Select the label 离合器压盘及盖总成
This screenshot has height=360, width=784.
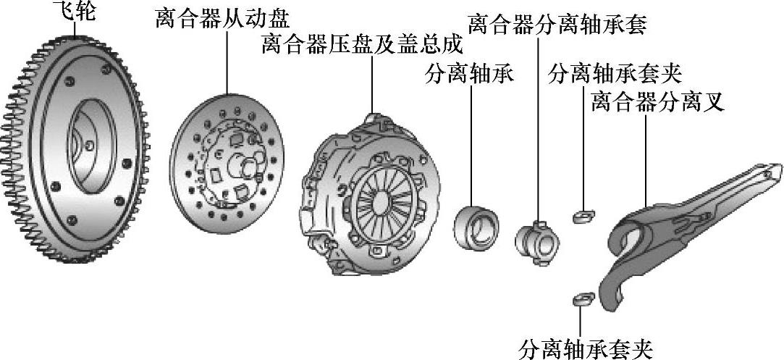point(361,46)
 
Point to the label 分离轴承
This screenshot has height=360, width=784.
point(471,75)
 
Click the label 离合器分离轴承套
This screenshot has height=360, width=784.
point(557,25)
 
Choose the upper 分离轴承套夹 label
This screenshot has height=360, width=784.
point(617,73)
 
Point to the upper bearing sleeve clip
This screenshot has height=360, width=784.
point(583,216)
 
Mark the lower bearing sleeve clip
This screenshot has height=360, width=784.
point(583,298)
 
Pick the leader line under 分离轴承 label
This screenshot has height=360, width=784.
point(471,145)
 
